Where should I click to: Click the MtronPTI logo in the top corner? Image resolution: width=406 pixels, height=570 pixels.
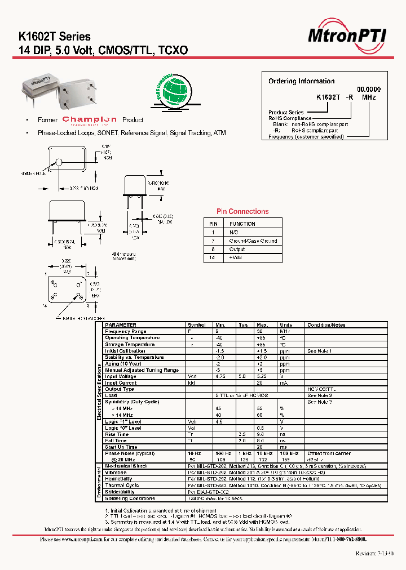point(347,37)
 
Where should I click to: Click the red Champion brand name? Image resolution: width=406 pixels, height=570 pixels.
point(90,119)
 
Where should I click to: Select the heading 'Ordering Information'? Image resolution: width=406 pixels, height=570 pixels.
point(301,81)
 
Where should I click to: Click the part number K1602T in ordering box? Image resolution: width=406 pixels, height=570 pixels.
point(328,97)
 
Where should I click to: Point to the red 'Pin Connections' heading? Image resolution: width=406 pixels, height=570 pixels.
point(242,212)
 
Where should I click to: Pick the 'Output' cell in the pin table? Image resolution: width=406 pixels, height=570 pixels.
point(237,249)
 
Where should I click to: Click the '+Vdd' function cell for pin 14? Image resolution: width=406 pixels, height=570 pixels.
point(236,257)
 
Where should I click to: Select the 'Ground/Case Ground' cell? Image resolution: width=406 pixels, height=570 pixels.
point(253,241)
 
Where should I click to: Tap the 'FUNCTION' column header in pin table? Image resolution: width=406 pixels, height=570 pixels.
point(242,224)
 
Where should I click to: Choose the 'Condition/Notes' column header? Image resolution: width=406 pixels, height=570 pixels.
point(326,325)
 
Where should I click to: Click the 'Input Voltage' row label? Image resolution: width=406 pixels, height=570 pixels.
point(120,376)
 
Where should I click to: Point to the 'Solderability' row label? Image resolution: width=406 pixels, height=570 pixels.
point(120,492)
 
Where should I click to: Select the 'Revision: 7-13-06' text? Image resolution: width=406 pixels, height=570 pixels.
point(375,553)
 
